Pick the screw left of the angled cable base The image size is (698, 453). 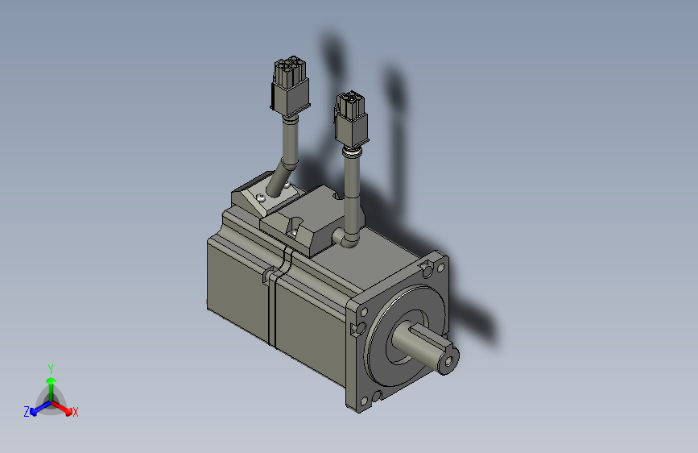coord(261,196)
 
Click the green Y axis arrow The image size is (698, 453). coord(51,383)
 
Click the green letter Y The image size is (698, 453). coord(51,367)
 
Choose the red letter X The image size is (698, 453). coord(76,413)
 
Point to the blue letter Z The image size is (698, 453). coord(27,412)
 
